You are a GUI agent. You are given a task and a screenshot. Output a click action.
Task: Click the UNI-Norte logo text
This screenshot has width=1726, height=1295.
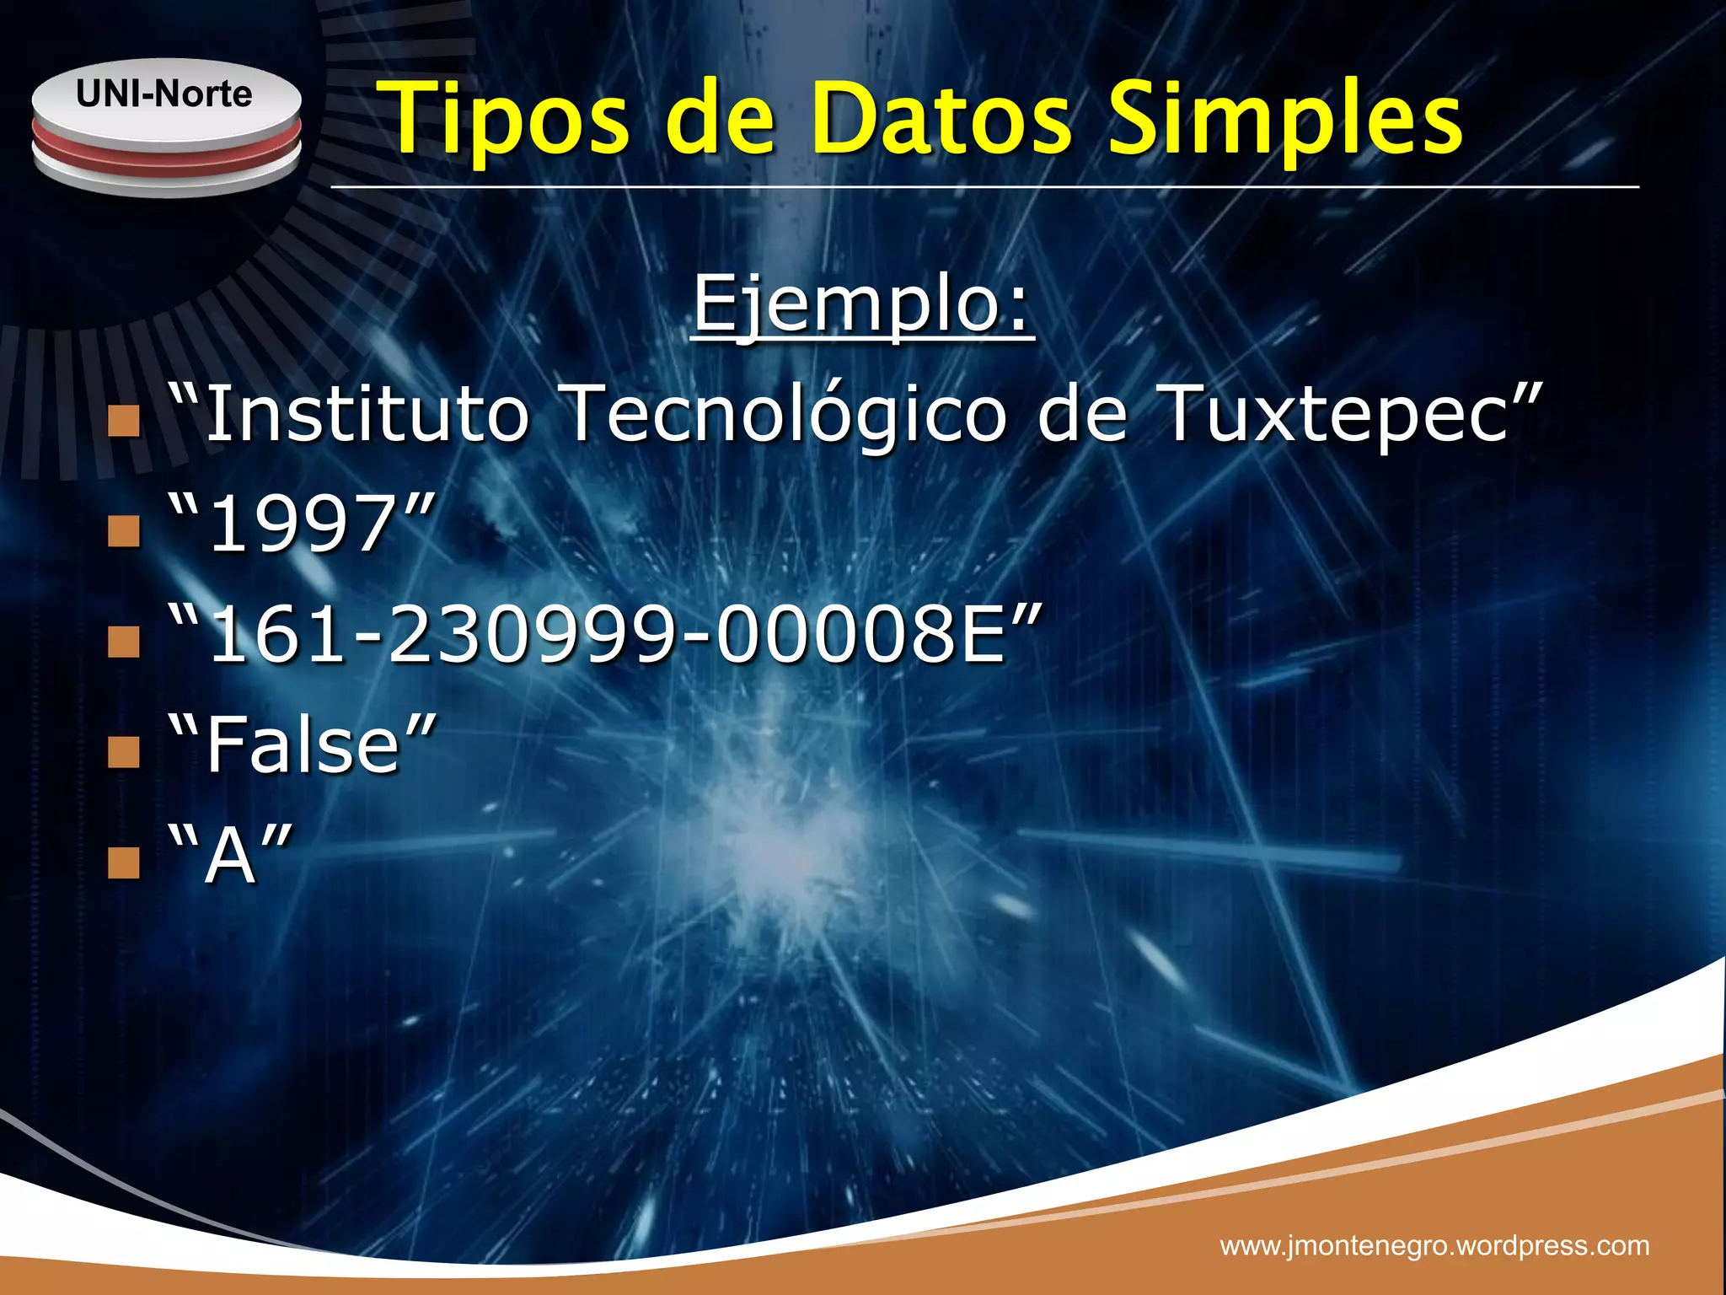[164, 94]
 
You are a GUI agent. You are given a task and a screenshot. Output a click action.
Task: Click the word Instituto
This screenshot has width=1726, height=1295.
[367, 412]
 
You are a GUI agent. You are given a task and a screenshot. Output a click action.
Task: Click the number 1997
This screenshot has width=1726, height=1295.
[302, 524]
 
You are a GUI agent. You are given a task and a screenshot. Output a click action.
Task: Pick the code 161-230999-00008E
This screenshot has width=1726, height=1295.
[606, 634]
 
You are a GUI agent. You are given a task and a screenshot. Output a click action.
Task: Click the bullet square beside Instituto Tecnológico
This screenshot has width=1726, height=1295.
[124, 420]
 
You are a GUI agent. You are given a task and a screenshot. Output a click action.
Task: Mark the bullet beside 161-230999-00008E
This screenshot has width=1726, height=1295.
[124, 641]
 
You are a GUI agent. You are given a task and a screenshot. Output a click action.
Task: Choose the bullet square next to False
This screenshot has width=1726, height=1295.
[124, 751]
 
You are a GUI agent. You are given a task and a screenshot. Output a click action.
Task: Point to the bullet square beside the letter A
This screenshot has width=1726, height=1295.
[124, 862]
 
